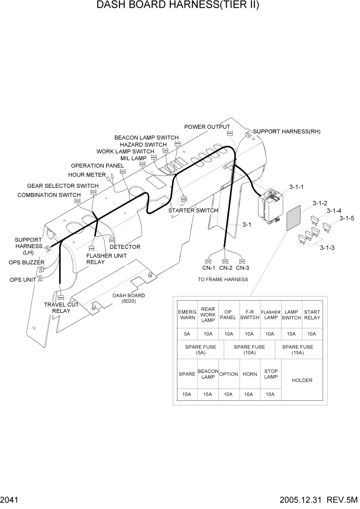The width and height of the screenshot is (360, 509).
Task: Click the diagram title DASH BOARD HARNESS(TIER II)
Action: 178,6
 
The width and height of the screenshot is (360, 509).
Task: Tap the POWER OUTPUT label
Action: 207,127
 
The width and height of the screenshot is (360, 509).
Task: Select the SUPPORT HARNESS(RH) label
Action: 287,131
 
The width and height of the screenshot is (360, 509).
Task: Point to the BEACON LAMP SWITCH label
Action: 146,138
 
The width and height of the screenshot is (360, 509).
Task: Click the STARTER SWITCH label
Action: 193,210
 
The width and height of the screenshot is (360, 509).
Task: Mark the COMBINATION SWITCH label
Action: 49,195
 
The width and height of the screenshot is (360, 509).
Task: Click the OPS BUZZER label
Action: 27,263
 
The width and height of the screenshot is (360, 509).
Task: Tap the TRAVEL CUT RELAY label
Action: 61,308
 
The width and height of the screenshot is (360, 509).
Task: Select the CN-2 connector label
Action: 226,267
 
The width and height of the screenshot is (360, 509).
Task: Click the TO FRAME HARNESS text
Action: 223,280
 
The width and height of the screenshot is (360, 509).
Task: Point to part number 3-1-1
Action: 296,187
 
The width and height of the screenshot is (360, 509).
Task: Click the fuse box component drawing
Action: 270,207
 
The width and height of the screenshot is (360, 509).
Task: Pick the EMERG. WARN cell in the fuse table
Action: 187,315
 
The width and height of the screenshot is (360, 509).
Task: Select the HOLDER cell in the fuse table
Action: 302,380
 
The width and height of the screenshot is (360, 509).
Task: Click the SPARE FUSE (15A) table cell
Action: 297,350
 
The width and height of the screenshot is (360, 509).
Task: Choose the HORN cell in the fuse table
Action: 250,374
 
